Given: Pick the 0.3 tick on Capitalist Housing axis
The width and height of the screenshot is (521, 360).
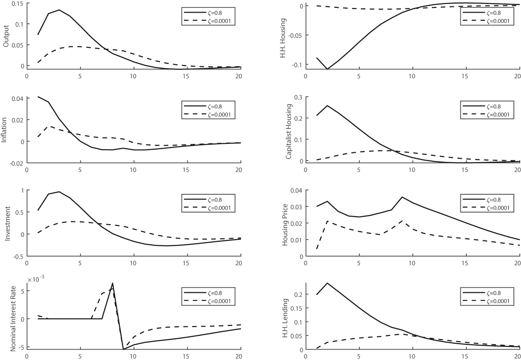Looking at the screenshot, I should point(298,97).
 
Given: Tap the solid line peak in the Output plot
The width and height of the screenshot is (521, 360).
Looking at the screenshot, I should point(59,10).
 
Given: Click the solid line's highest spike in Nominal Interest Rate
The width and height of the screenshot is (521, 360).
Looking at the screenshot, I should point(113,283).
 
